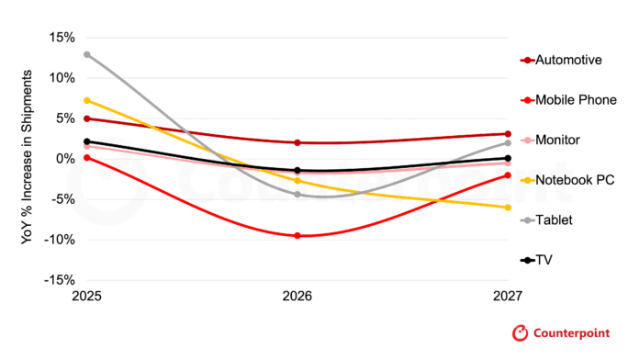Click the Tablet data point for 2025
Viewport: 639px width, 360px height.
tap(87, 54)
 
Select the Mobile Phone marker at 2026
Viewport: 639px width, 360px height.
tap(297, 236)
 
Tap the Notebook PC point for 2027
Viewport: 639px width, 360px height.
tap(508, 208)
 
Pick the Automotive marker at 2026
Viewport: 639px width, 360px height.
tap(297, 142)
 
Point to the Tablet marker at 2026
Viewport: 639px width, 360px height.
tap(297, 195)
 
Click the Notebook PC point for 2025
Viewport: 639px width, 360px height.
tap(87, 101)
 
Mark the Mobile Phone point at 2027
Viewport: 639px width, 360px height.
tap(508, 175)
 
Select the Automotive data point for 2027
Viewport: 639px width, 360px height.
tap(508, 134)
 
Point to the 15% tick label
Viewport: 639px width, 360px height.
tap(62, 38)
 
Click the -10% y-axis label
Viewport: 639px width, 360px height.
tap(60, 240)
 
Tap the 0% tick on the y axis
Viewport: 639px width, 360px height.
tap(65, 159)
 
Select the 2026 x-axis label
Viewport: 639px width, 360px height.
tap(297, 296)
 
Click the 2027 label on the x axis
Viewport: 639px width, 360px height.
tap(508, 296)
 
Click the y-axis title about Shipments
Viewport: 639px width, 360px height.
tap(27, 157)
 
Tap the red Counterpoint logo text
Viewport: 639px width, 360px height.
tap(571, 333)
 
